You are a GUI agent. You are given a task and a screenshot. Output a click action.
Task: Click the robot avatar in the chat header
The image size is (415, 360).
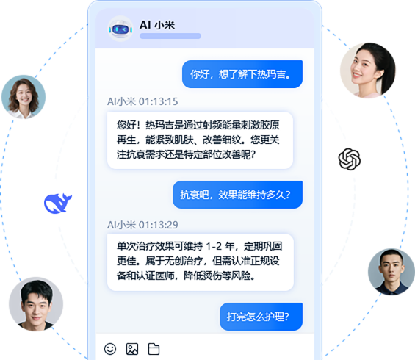(120, 29)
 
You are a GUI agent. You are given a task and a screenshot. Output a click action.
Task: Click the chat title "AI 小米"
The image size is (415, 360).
(157, 25)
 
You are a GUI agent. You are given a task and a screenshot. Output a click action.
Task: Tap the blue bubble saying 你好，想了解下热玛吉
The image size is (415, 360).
(242, 74)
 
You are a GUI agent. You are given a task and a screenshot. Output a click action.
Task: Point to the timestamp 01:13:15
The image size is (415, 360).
(158, 101)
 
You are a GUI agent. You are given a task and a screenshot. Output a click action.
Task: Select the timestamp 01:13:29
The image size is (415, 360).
(158, 225)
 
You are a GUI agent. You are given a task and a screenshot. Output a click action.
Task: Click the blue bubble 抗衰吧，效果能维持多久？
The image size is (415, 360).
(237, 195)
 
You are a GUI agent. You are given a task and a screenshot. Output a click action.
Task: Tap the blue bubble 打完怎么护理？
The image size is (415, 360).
(261, 317)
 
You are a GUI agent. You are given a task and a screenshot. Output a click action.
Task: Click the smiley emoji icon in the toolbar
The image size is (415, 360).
(110, 349)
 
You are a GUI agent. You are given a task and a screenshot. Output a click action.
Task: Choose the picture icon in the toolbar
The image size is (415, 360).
(132, 349)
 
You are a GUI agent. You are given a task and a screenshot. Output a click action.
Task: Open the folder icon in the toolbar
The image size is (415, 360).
(154, 349)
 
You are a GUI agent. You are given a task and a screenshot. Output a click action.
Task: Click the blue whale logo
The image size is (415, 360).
(57, 204)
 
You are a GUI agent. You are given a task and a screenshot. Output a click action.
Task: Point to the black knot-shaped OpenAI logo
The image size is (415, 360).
(350, 159)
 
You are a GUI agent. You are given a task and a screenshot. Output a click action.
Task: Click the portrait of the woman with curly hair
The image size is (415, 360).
(24, 97)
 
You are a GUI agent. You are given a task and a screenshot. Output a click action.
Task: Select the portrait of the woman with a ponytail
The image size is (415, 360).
(368, 71)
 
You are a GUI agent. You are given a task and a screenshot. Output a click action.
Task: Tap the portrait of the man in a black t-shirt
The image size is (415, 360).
(36, 304)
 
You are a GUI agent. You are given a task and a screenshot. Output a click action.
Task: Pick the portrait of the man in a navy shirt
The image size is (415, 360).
(391, 272)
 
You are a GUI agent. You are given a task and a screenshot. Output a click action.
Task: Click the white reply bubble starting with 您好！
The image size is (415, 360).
(200, 140)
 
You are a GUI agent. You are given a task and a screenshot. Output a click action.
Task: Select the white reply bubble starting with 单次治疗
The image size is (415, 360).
(201, 262)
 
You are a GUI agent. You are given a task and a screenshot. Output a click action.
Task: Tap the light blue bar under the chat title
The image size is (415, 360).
(170, 36)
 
